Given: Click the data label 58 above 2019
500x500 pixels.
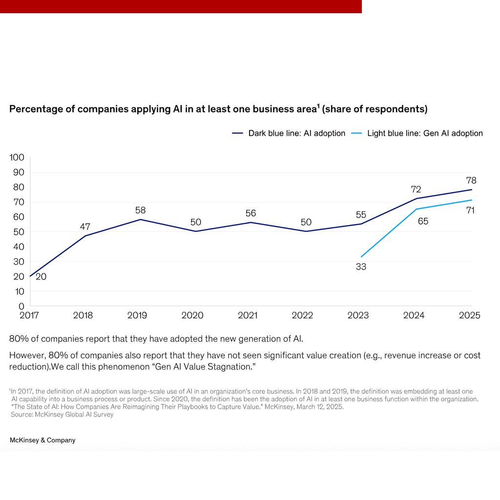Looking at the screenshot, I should click(x=141, y=210).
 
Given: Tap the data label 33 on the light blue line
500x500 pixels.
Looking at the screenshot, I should click(x=361, y=267).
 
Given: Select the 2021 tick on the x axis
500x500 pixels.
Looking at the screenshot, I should click(x=248, y=315).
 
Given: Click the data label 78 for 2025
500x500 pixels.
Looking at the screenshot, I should click(x=471, y=180).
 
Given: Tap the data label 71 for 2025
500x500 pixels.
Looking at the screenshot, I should click(x=470, y=210).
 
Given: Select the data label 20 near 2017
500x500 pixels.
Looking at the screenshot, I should click(x=41, y=277).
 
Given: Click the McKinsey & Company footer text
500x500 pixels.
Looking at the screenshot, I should click(x=42, y=440).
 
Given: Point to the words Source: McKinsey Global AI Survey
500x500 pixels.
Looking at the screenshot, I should click(x=62, y=414).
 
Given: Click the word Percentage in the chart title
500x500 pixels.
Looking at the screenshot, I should click(x=36, y=109).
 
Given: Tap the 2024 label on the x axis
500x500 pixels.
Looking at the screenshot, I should click(x=414, y=315).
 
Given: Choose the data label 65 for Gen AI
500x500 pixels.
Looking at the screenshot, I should click(x=423, y=221).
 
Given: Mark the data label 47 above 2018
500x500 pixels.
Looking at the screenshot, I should click(x=85, y=227).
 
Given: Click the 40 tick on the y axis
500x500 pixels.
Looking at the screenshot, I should click(x=18, y=247).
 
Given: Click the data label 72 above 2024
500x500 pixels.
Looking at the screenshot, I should click(x=416, y=189).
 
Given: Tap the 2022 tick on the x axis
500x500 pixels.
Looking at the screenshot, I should click(x=302, y=315).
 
